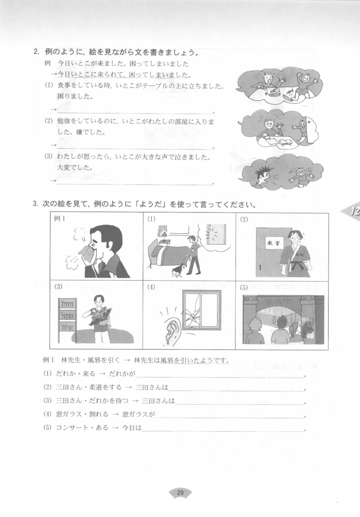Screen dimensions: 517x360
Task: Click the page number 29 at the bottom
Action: pos(180,493)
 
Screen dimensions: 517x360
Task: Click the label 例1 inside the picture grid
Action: pos(60,219)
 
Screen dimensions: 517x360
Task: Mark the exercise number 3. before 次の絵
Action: pos(35,204)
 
